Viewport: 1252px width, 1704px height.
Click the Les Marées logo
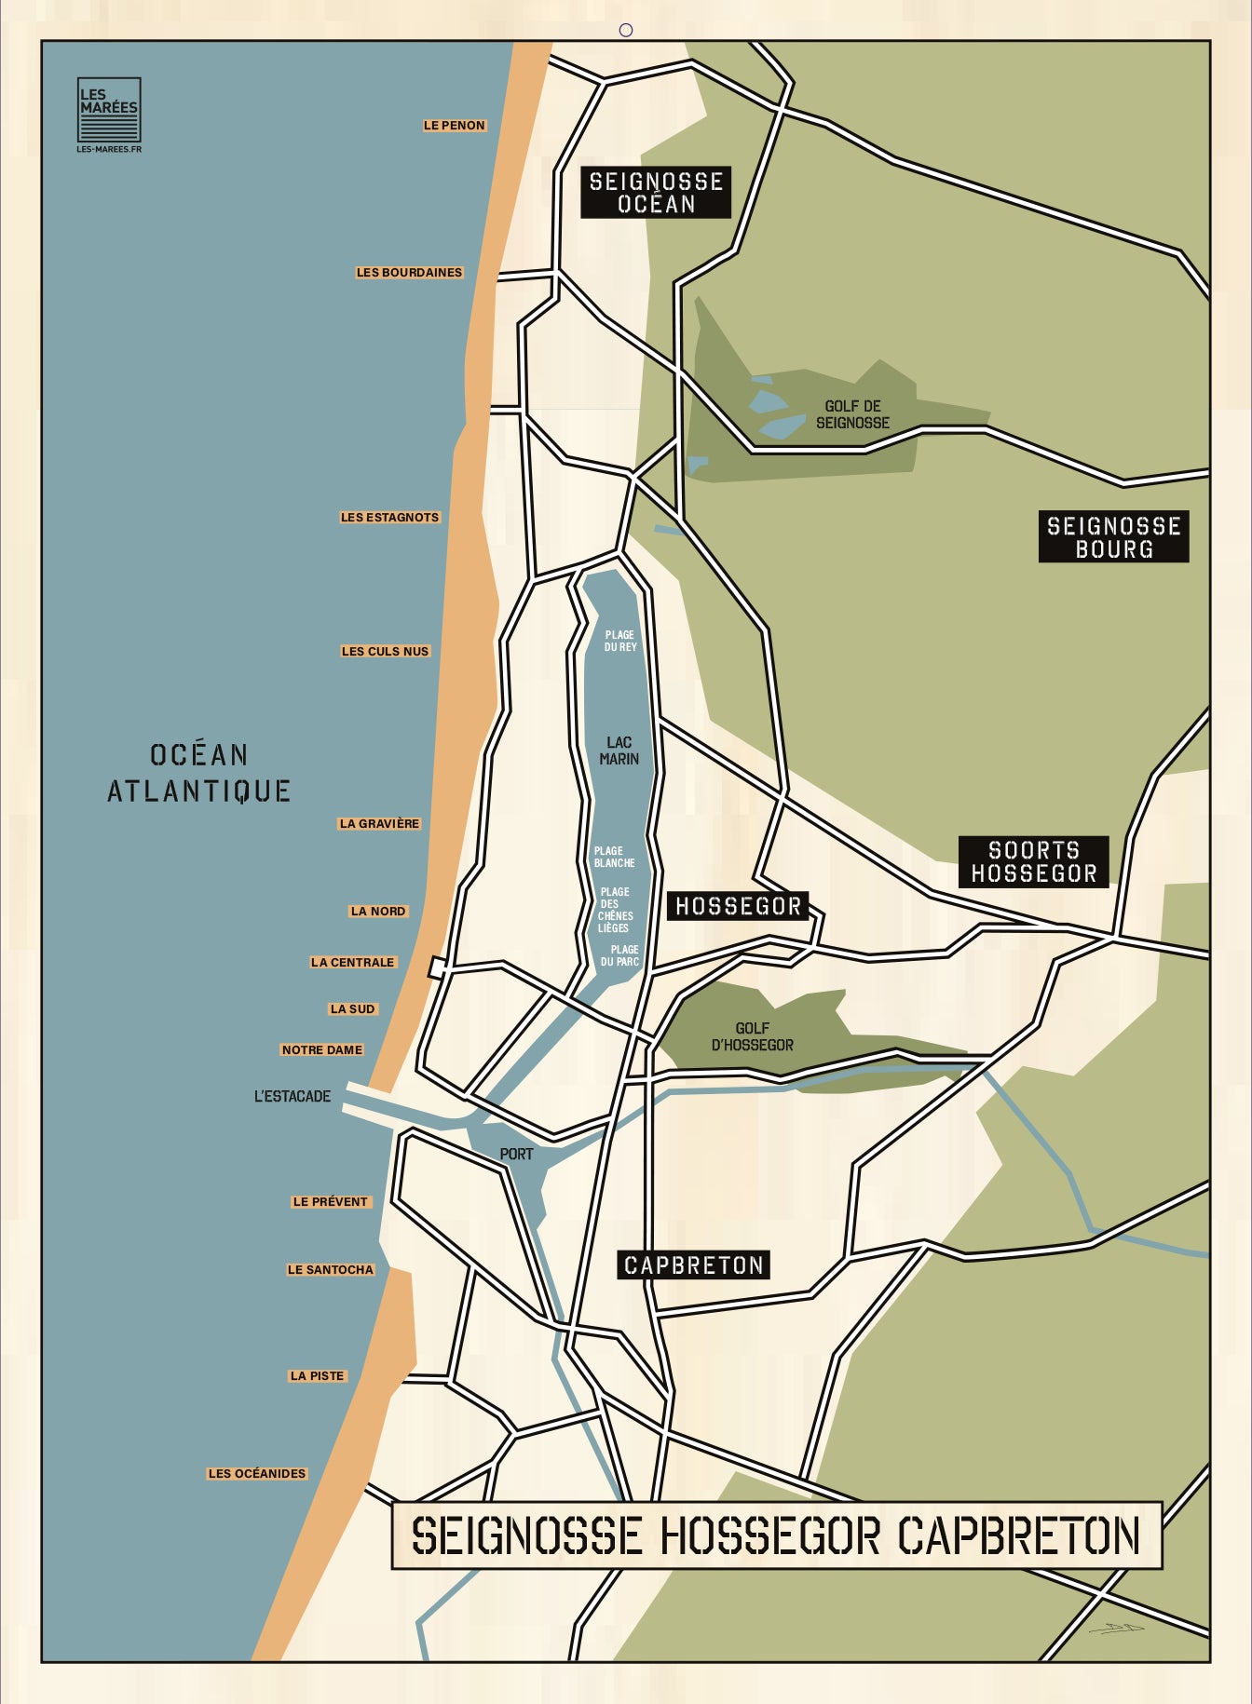click(108, 110)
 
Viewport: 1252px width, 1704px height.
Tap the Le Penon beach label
click(455, 126)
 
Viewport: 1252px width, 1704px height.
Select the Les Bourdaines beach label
click(409, 273)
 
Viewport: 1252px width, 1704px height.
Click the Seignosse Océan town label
click(656, 193)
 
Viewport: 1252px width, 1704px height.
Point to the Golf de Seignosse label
click(852, 414)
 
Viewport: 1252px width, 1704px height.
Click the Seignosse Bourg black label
click(1113, 537)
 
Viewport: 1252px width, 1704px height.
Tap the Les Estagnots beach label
click(389, 518)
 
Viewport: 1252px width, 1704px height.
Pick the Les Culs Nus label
click(385, 652)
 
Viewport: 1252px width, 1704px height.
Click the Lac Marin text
click(619, 751)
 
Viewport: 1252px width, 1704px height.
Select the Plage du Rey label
click(620, 641)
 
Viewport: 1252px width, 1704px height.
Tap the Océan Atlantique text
click(198, 773)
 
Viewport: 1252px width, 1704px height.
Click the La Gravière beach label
click(379, 824)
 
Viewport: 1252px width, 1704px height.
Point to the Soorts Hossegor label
click(1033, 861)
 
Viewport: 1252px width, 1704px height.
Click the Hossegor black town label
click(738, 906)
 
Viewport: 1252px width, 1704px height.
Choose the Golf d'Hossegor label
click(752, 1036)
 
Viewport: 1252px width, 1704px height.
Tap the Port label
click(516, 1155)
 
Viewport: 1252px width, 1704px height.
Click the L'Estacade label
click(293, 1097)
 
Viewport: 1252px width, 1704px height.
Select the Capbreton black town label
click(694, 1265)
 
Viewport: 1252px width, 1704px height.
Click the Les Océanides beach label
click(257, 1474)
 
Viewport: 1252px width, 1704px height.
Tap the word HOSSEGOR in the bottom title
click(769, 1536)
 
